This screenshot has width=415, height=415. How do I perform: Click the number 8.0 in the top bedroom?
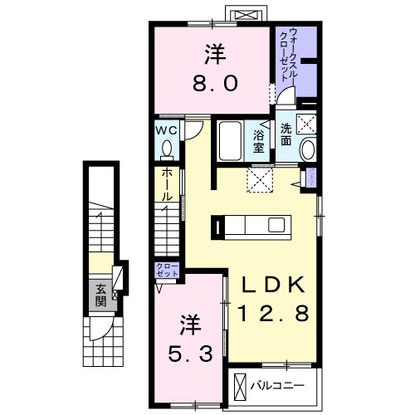(x=210, y=82)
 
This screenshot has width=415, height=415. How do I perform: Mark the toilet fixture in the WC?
(x=166, y=149)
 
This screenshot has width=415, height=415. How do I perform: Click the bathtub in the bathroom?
(x=229, y=142)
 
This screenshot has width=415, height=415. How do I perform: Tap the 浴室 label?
(x=258, y=140)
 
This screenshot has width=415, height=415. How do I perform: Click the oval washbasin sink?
(x=307, y=149)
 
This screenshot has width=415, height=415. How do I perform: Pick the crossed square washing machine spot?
(x=308, y=125)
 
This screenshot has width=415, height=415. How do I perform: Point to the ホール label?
(x=167, y=184)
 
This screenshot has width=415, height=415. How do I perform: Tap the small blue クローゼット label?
(x=166, y=270)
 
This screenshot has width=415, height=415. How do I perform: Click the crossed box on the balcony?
(x=241, y=386)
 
